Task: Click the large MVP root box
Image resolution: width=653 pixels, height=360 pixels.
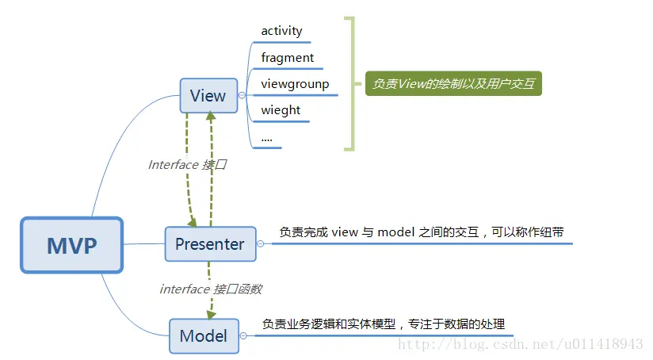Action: (72, 245)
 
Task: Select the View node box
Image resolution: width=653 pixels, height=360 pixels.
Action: (208, 96)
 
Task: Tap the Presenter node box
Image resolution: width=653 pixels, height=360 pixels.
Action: (210, 244)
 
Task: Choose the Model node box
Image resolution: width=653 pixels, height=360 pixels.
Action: (204, 335)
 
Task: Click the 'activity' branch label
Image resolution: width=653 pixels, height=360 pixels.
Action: (281, 31)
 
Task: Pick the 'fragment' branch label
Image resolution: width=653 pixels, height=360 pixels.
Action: (287, 57)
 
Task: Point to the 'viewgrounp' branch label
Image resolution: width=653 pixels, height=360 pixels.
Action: (294, 83)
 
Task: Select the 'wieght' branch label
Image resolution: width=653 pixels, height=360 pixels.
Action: (281, 109)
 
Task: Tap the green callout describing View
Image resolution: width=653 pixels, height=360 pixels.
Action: (453, 83)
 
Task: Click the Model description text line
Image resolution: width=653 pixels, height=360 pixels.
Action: (384, 324)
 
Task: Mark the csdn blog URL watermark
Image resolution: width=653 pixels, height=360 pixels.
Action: (520, 344)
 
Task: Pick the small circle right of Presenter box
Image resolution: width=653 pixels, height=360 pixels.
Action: (261, 244)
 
